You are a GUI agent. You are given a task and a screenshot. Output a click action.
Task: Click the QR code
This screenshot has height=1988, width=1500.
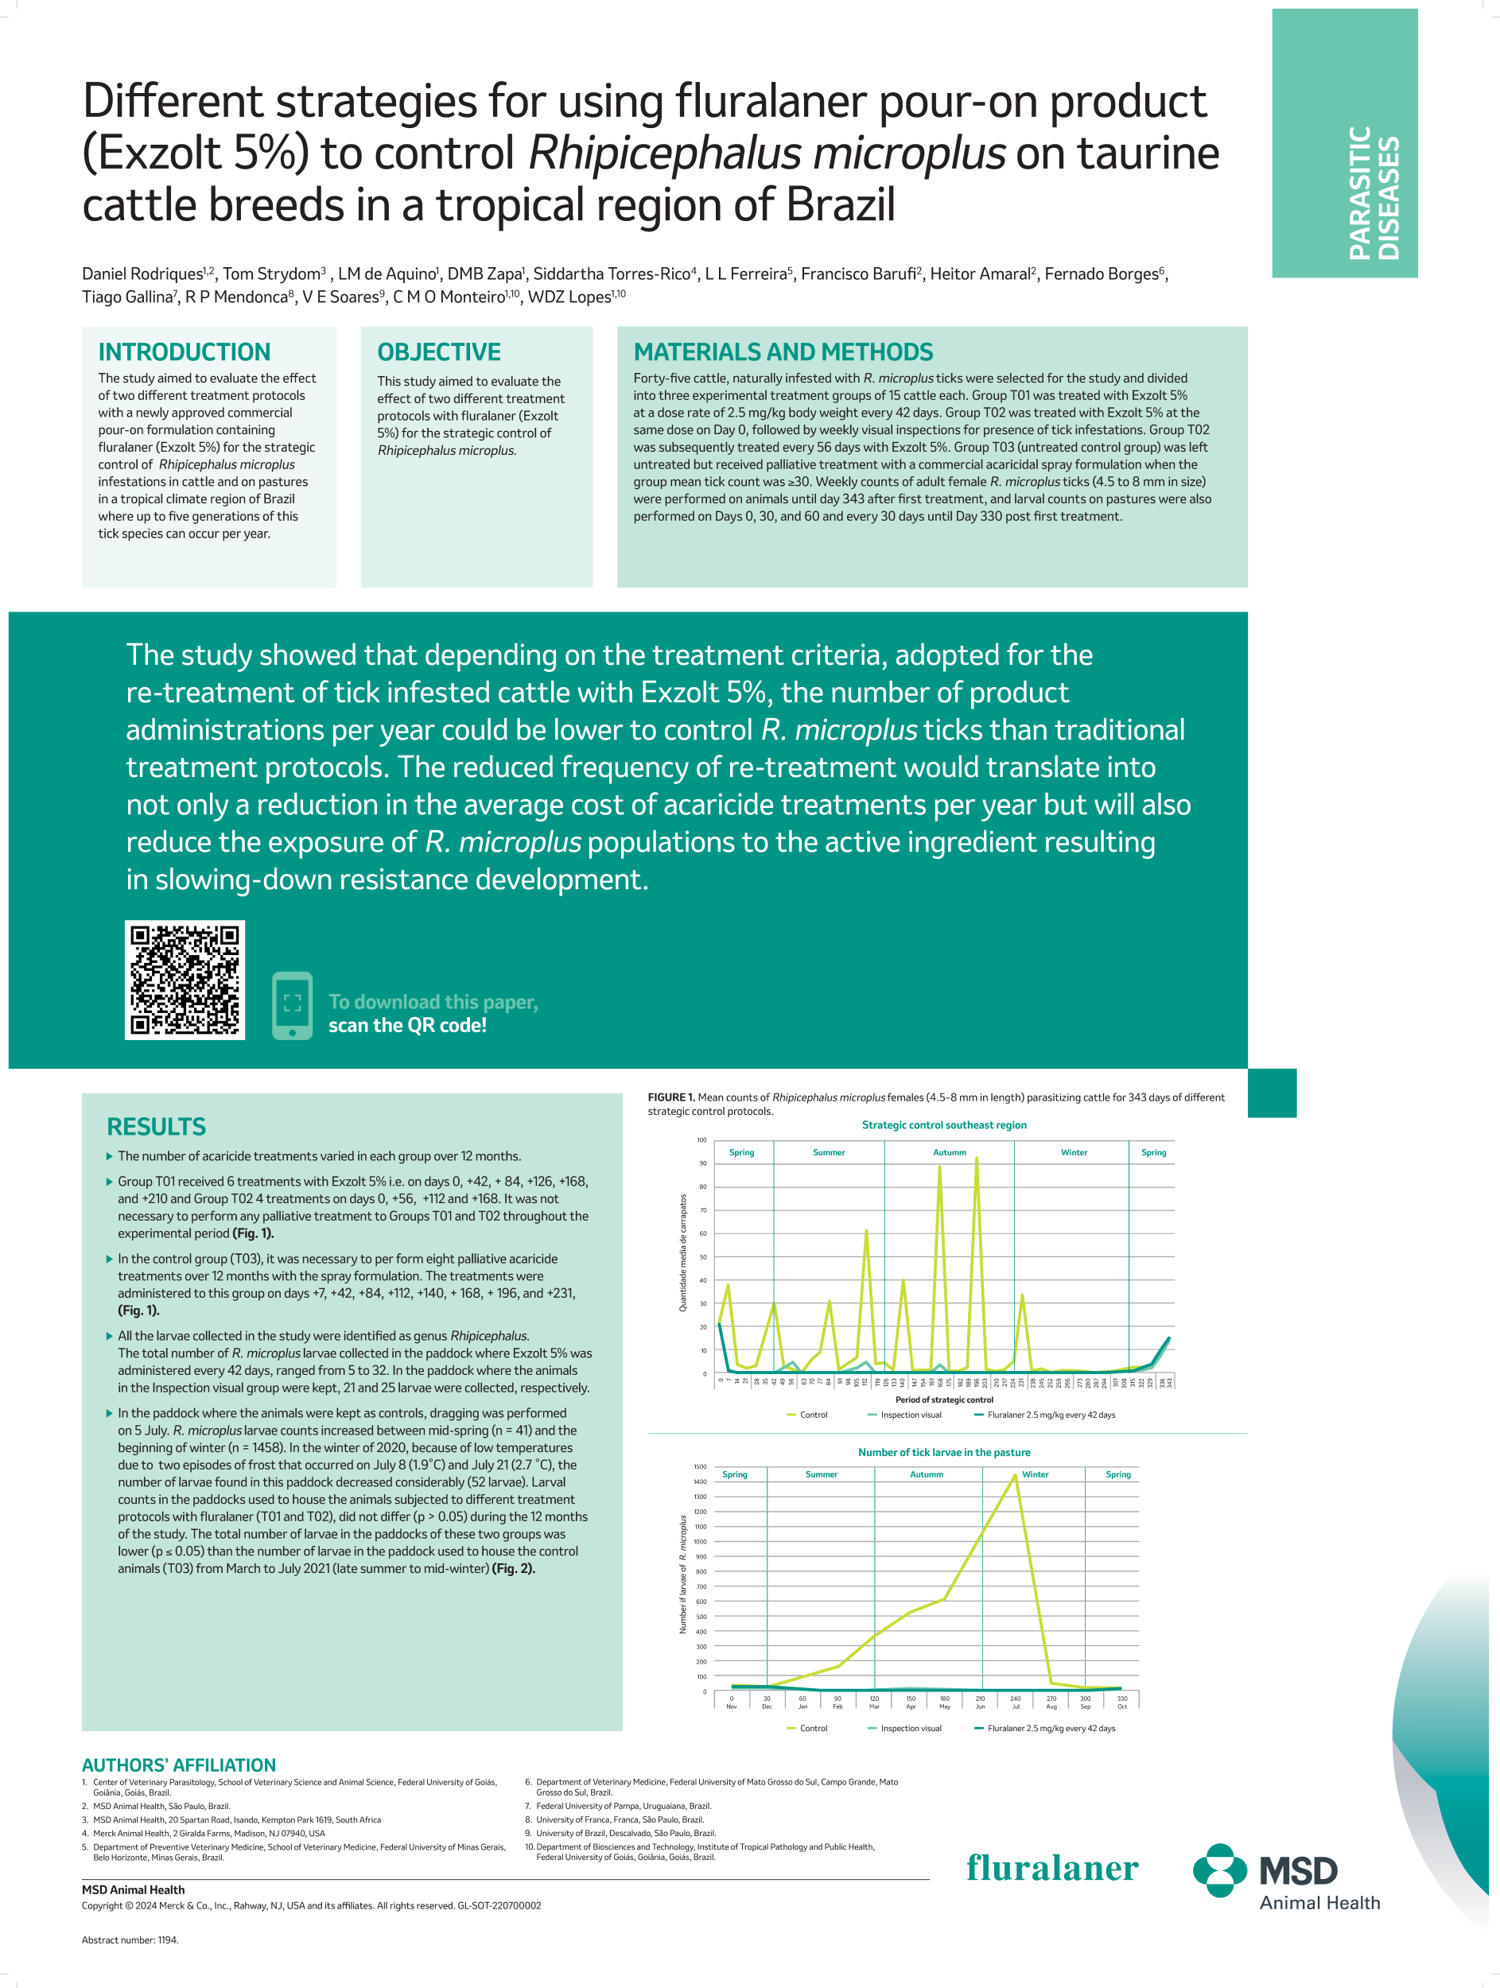click(x=185, y=980)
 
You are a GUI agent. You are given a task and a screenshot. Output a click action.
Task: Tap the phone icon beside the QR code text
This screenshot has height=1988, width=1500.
click(x=292, y=1006)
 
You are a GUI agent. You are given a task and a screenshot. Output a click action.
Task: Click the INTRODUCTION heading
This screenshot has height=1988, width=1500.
click(x=185, y=351)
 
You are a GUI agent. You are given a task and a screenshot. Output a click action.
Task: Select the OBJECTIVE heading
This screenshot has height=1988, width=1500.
click(x=438, y=351)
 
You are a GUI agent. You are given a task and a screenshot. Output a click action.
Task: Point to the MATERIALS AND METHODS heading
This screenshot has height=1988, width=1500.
click(x=783, y=351)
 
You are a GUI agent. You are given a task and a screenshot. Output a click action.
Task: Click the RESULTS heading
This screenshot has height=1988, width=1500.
click(x=157, y=1126)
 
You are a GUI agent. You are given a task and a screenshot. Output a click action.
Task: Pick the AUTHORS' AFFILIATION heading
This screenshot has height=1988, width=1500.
click(x=179, y=1765)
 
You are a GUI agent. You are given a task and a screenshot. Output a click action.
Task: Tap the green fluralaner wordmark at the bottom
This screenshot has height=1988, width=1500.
click(x=1051, y=1868)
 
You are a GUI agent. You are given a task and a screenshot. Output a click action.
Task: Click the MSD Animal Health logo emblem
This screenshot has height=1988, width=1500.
click(x=1218, y=1870)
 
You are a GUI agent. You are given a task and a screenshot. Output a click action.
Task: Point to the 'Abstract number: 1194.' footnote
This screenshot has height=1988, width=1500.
click(x=130, y=1939)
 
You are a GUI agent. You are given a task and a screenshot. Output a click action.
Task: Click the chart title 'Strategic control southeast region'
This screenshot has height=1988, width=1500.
click(x=944, y=1124)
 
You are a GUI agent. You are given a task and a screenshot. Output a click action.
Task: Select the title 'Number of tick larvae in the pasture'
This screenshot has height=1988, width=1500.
click(x=944, y=1451)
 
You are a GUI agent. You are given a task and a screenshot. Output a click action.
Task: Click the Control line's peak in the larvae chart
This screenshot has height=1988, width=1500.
click(x=1016, y=1475)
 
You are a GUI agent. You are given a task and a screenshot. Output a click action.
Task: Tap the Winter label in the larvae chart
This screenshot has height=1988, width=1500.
click(x=1035, y=1474)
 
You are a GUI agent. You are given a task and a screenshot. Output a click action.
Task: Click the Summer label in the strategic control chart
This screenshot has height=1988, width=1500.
click(x=829, y=1152)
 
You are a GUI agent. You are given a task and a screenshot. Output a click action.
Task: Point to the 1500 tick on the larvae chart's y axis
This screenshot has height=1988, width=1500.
click(x=700, y=1466)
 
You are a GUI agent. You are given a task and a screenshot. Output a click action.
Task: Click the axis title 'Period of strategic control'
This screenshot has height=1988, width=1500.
click(x=944, y=1400)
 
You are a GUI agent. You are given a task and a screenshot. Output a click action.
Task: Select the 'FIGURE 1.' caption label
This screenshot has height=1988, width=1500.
click(x=671, y=1097)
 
